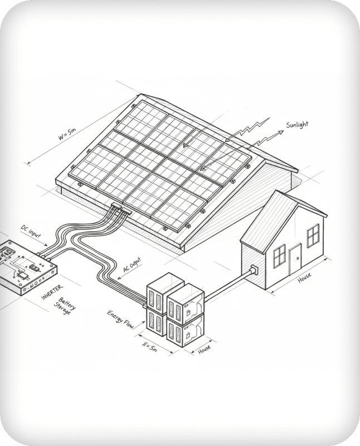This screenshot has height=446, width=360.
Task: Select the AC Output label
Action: (x=132, y=266)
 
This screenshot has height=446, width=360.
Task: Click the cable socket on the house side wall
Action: (x=254, y=270)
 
